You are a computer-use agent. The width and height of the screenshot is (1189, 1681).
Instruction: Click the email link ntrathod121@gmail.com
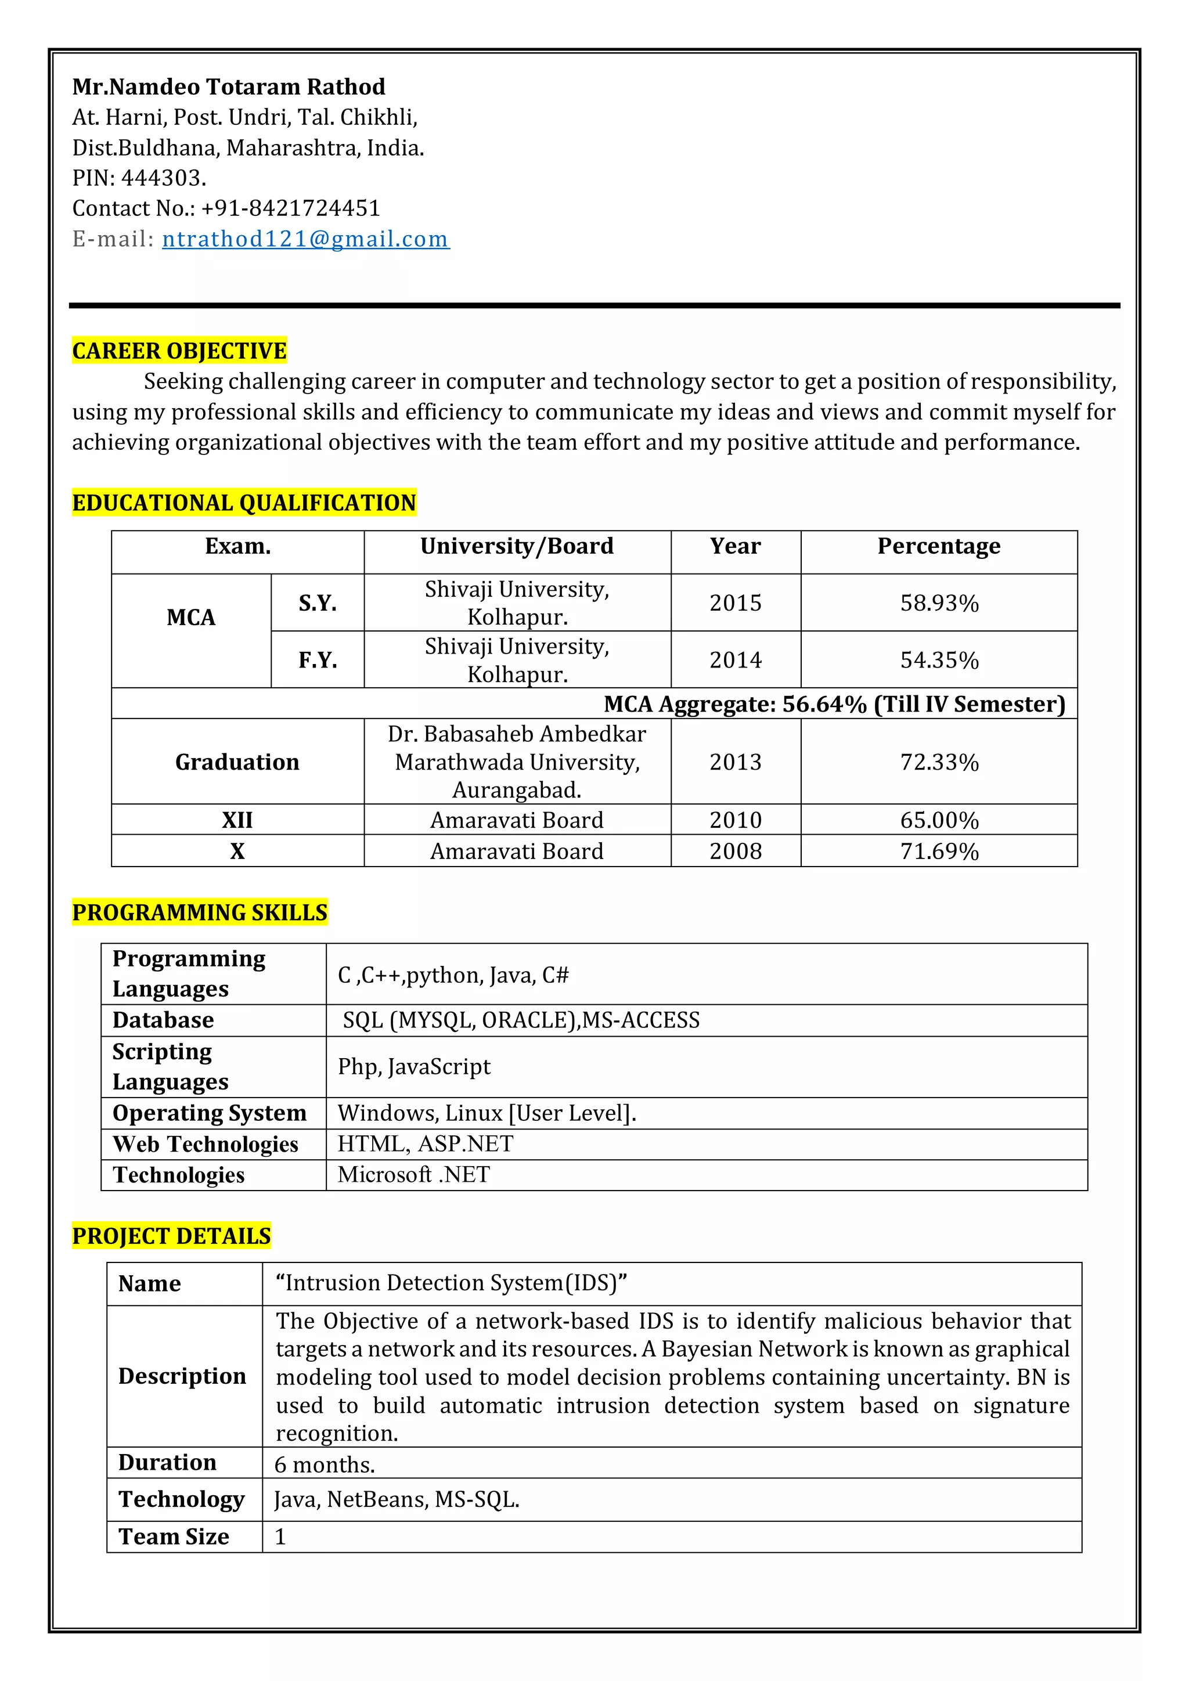pos(305,239)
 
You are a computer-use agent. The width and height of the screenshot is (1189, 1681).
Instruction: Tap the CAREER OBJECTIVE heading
pos(179,351)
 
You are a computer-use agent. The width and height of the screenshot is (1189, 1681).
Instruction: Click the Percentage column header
pos(939,546)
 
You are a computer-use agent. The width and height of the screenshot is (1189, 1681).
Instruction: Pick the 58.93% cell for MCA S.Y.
pos(939,603)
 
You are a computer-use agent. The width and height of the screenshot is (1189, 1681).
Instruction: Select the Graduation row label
pos(237,762)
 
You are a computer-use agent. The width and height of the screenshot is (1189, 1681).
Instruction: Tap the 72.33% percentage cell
pos(939,762)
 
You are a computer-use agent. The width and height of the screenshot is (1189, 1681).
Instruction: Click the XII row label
pos(237,820)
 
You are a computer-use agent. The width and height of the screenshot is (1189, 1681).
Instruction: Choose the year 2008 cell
pos(735,852)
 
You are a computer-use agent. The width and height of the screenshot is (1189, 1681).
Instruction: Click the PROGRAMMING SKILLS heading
pos(200,912)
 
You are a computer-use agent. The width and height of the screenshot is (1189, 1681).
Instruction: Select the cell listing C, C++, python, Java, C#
pos(453,975)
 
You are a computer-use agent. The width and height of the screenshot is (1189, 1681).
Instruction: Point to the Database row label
pos(163,1020)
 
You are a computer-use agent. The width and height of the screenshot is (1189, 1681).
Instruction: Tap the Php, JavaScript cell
pos(414,1067)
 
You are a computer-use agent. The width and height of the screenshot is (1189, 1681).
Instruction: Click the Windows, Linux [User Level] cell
pos(487,1113)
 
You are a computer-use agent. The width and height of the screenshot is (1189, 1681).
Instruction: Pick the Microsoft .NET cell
pos(414,1174)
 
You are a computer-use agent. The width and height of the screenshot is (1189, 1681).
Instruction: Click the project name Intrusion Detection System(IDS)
pos(451,1283)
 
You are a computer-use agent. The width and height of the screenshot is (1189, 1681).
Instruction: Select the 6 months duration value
pos(325,1464)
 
